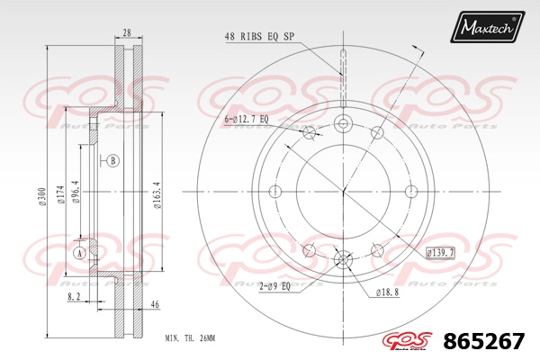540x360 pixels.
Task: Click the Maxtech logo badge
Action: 487,27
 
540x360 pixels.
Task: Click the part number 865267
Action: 484,341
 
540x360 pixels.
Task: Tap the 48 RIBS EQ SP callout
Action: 260,37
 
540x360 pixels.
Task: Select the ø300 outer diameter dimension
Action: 42,197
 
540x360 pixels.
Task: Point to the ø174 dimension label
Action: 61,194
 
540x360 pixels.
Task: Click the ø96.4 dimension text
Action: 76,192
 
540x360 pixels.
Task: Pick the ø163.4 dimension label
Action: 157,195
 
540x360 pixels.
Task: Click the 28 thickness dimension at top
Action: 127,32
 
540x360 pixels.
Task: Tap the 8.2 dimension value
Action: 74,297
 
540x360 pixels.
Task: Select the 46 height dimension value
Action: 156,304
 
